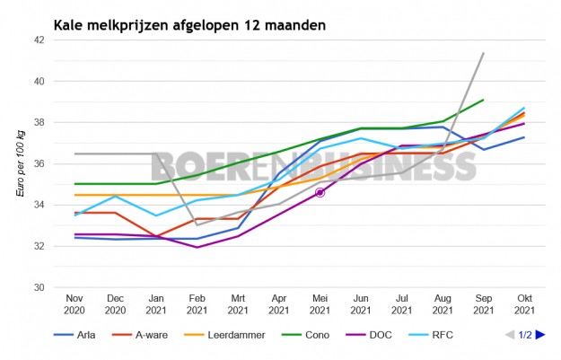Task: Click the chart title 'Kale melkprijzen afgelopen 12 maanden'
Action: click(x=189, y=24)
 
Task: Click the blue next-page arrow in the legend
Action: click(x=540, y=335)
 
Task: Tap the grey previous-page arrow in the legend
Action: click(x=510, y=335)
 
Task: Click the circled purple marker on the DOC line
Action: click(x=320, y=192)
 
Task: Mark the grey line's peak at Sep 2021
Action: click(x=484, y=53)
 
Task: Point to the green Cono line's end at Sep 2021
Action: click(x=484, y=100)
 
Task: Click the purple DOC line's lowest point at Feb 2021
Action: click(x=197, y=247)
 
